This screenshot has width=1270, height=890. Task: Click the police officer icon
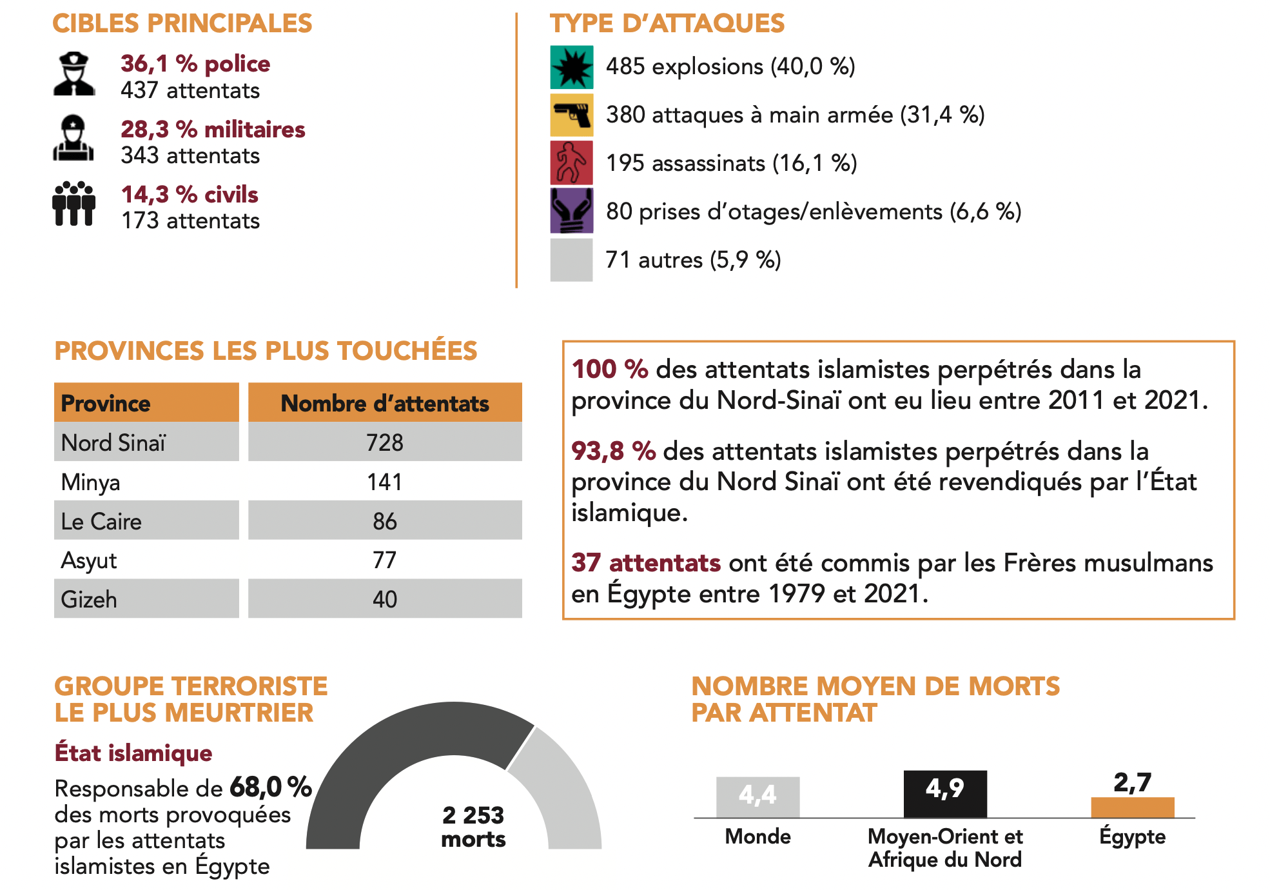pos(74,74)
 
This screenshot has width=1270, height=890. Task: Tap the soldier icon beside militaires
pos(73,138)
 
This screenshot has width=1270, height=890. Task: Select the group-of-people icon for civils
pos(74,204)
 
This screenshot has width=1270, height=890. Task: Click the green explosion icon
pos(571,67)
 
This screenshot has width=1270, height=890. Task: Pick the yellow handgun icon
pos(571,115)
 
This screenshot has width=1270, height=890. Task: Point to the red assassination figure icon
pos(571,163)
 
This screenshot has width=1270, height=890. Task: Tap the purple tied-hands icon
pos(571,211)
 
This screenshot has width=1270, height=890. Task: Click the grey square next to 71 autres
pos(571,260)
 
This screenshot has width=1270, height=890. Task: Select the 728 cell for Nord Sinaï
pos(385,442)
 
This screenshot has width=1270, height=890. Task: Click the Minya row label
pos(91,482)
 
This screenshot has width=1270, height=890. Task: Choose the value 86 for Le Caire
pos(385,521)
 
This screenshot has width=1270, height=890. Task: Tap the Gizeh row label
pos(89,599)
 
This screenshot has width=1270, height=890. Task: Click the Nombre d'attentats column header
pos(385,403)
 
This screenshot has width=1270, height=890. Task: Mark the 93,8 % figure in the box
pos(613,451)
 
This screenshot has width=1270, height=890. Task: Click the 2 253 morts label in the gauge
pos(473,827)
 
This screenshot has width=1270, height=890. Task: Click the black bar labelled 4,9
pos(945,794)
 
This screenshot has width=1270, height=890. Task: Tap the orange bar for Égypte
pos(1132,807)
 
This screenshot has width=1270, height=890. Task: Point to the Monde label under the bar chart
pos(757,836)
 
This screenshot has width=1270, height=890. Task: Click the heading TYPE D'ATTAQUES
pos(667,23)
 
